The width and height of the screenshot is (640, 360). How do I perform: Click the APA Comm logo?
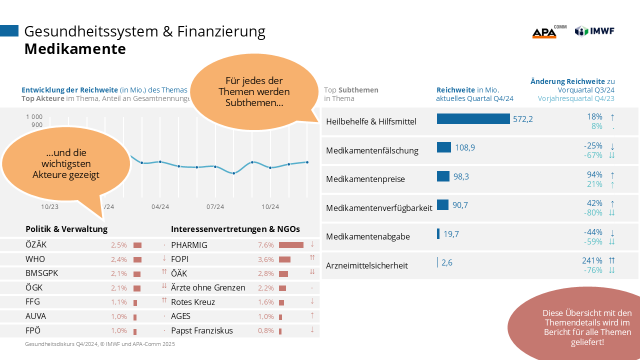click(x=548, y=32)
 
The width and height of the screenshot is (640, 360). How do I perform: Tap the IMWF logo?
click(x=594, y=31)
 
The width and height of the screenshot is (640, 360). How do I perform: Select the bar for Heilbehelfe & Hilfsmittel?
click(x=473, y=119)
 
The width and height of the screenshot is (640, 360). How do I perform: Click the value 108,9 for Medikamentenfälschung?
click(x=465, y=147)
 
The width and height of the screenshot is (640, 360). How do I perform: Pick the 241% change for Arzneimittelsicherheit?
click(x=592, y=260)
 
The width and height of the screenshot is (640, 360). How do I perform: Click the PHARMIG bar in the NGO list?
click(x=291, y=245)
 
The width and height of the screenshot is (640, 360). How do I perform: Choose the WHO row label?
click(x=35, y=259)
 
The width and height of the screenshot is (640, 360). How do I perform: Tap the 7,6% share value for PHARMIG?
click(x=266, y=245)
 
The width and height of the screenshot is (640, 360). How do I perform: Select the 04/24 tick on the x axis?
click(x=159, y=206)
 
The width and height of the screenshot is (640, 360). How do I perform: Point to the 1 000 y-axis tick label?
click(x=34, y=116)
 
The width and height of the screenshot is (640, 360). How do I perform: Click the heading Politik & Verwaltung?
click(x=66, y=229)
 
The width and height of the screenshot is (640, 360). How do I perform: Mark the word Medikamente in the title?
click(x=75, y=49)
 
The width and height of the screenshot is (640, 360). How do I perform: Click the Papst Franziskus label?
click(x=202, y=330)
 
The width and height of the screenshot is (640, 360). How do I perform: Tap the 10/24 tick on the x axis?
click(x=270, y=206)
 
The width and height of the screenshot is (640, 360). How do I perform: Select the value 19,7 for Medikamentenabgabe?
click(x=451, y=233)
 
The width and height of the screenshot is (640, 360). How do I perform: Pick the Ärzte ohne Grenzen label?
click(x=208, y=287)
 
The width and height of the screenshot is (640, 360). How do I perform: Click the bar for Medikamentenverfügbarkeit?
click(x=442, y=205)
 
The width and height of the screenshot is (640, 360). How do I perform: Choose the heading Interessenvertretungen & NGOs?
click(x=235, y=229)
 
